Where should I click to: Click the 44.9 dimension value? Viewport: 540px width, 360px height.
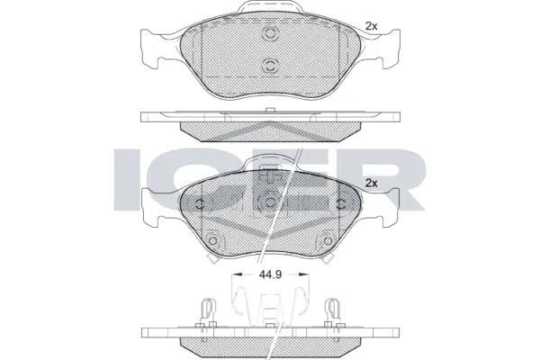[270, 274]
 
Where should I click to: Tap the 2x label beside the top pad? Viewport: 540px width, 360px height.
[371, 26]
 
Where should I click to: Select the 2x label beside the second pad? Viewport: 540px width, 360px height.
[371, 184]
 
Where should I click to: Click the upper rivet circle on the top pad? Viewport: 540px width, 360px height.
[270, 34]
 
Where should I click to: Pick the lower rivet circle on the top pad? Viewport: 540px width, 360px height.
[270, 66]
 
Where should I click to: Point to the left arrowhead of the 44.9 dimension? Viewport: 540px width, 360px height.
[237, 274]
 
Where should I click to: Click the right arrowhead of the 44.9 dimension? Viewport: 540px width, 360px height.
[304, 274]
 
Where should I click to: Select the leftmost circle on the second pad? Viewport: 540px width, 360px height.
[200, 204]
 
